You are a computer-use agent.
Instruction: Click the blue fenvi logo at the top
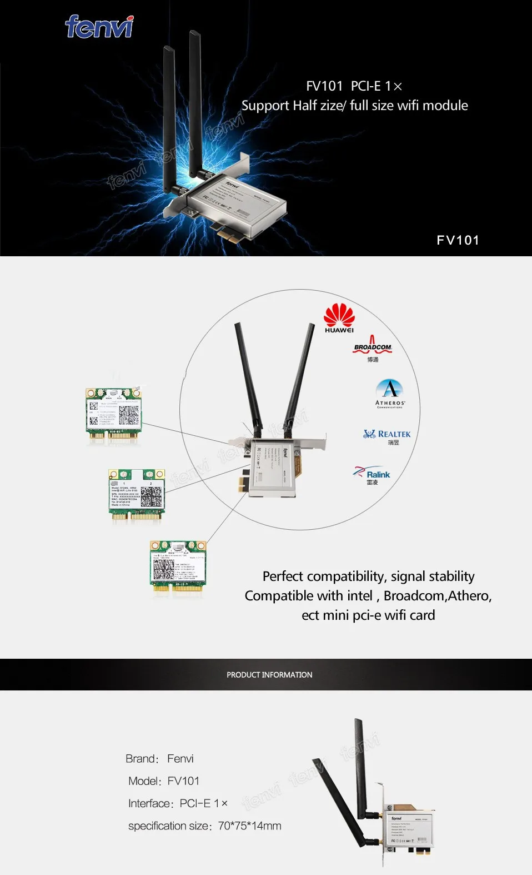click(99, 27)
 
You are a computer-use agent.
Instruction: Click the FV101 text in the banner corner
click(458, 240)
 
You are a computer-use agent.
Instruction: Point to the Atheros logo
click(390, 393)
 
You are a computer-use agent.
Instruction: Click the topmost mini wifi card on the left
click(113, 414)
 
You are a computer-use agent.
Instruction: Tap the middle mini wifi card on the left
click(137, 494)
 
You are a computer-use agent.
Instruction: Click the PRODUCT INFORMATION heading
click(269, 675)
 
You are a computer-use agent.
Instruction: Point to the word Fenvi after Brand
click(180, 759)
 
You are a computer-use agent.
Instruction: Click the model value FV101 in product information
click(183, 781)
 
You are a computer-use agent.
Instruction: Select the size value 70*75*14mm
click(249, 826)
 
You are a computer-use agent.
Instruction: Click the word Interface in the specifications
click(149, 804)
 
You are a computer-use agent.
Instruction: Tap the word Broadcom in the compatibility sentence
click(413, 596)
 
